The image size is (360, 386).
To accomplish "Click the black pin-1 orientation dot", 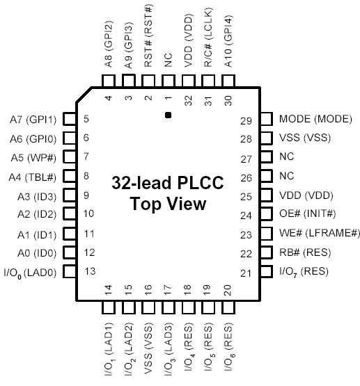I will coord(168,114).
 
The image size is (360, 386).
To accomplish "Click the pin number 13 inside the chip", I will coord(89,271).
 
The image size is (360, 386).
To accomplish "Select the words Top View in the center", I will coord(168,204).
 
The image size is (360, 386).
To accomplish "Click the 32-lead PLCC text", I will coord(168,184).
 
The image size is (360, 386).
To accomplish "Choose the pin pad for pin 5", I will coord(69,119).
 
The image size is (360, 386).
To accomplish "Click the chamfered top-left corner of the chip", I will coord(86,95).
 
